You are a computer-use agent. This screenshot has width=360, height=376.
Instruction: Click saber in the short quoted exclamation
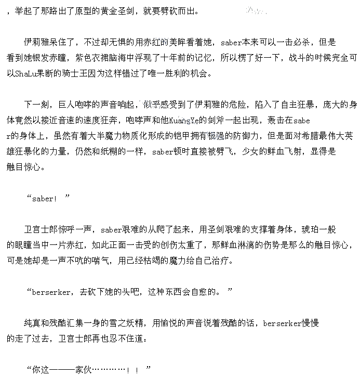(43, 199)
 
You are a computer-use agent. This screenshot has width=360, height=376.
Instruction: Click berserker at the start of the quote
(52, 292)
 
